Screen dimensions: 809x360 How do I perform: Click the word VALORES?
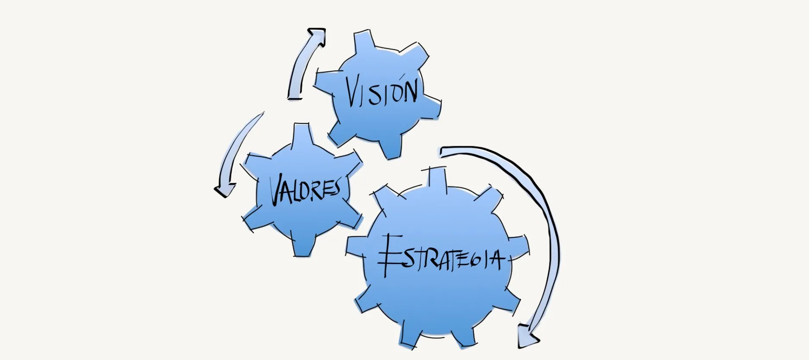point(305,190)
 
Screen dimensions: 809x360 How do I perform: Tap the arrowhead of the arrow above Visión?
point(317,36)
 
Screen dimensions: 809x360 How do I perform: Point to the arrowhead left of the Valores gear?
point(224,190)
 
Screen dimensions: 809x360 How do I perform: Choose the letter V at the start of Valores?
point(276,190)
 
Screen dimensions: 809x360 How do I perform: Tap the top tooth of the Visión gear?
point(363,41)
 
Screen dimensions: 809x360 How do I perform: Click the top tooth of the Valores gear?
point(301,135)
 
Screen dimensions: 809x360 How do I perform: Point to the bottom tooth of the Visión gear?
point(391,148)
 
